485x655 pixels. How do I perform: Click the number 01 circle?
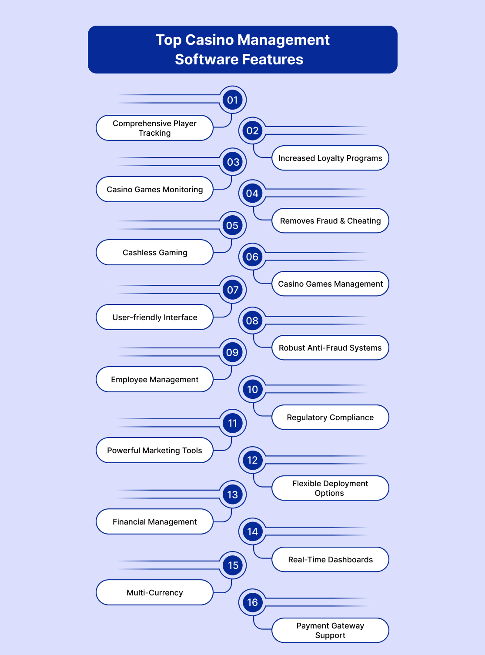(x=232, y=100)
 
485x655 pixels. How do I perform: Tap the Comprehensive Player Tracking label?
(x=154, y=128)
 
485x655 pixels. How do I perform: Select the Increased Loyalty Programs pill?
(x=330, y=158)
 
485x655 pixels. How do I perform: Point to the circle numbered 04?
(x=252, y=193)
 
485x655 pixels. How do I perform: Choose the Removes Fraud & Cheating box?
(x=330, y=221)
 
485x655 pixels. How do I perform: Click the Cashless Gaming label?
(x=154, y=252)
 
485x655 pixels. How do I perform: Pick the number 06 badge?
(x=252, y=257)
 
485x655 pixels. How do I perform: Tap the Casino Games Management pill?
(x=330, y=284)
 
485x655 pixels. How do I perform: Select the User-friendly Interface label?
(x=154, y=317)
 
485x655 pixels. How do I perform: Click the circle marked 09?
(x=232, y=352)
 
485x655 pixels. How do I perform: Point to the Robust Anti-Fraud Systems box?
(x=330, y=348)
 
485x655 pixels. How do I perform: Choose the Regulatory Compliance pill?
(x=330, y=417)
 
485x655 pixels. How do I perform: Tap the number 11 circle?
(x=232, y=423)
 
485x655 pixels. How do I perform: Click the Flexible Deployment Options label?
(x=330, y=488)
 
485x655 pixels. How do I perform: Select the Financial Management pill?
(x=154, y=521)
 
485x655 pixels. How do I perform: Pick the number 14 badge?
(x=252, y=531)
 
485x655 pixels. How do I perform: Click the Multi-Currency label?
(x=154, y=592)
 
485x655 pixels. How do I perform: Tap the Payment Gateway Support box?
(x=330, y=630)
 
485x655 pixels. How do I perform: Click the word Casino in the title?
(x=209, y=40)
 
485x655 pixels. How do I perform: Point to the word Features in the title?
(x=273, y=59)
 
